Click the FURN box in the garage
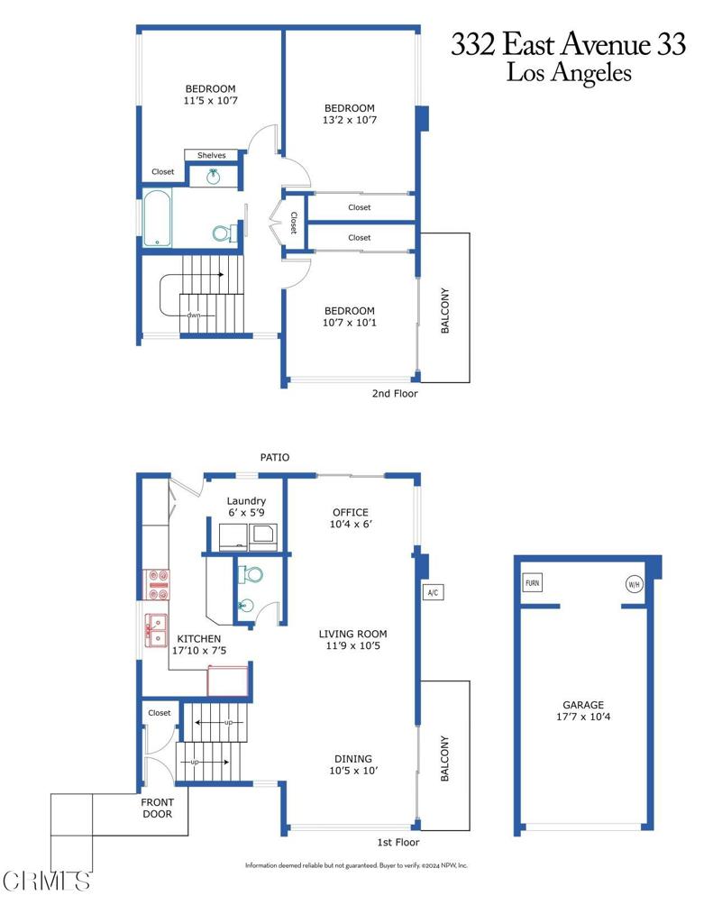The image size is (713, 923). click(533, 583)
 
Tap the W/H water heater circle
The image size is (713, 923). click(634, 583)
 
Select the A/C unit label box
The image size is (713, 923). click(433, 592)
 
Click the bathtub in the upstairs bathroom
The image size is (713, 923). click(157, 217)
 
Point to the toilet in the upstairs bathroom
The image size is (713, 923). click(225, 233)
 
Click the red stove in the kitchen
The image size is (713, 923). click(157, 584)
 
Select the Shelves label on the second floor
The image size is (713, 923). click(212, 155)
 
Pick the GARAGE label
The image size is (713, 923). click(583, 705)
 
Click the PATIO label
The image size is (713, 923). click(275, 458)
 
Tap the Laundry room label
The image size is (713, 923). click(246, 501)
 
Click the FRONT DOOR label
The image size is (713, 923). click(163, 808)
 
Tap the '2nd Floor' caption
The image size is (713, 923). click(395, 393)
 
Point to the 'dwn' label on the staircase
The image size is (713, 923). click(194, 315)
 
